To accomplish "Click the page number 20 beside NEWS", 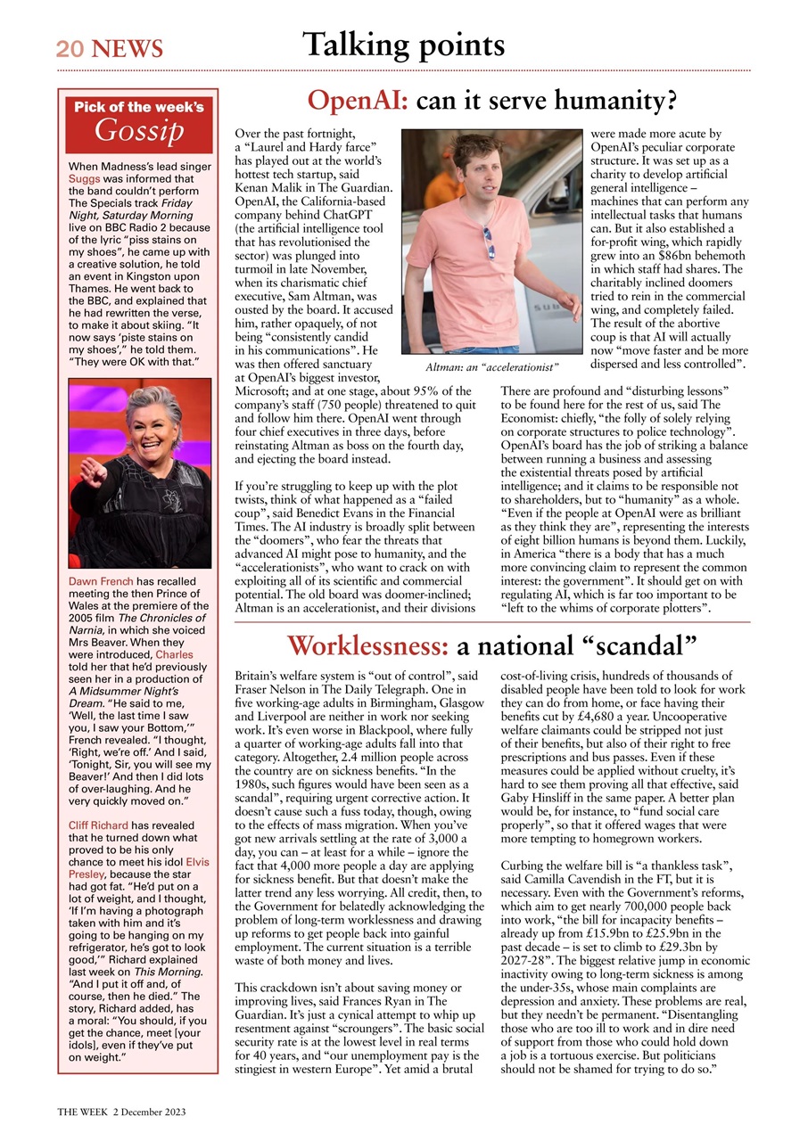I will point(70,48).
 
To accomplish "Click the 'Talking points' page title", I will point(403,44).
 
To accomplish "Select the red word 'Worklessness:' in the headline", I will point(368,645).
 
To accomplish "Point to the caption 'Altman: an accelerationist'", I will point(491,366).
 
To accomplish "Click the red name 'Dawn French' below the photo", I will point(101,582).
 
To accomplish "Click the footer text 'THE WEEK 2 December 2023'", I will point(121,1112).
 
